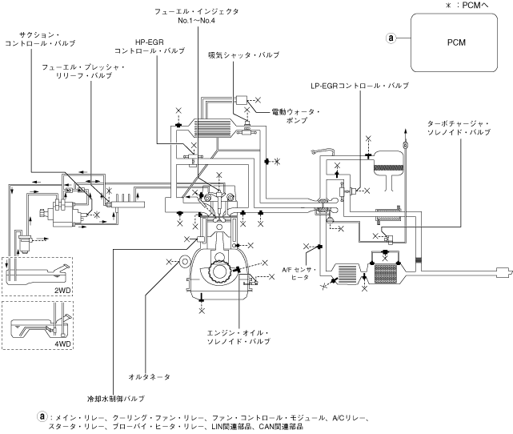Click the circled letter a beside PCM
(391, 38)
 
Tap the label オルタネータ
(149, 376)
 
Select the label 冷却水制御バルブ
(116, 399)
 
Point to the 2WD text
(62, 291)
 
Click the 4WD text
(62, 344)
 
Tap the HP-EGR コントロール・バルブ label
(150, 46)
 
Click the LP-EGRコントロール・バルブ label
(360, 86)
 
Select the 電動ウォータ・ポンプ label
(296, 116)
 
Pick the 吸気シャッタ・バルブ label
(244, 55)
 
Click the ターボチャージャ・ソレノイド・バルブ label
(459, 128)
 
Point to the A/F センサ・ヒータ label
(299, 273)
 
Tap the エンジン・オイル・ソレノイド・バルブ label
(238, 337)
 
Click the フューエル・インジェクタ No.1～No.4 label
(196, 16)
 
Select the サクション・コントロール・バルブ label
(40, 39)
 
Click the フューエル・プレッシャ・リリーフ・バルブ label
(83, 71)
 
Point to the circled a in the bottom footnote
(42, 416)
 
